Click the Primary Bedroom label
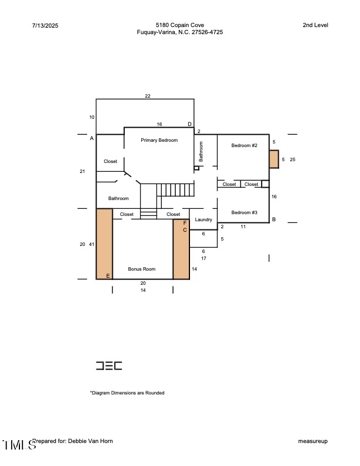[159, 141]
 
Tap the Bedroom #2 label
[244, 145]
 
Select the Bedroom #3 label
[244, 212]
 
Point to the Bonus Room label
[142, 269]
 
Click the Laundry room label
[204, 219]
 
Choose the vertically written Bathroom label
[201, 151]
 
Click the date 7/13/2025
[45, 26]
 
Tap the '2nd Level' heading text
[315, 25]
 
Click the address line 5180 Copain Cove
[179, 25]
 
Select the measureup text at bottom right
[312, 441]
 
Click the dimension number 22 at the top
[148, 95]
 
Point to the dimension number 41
[92, 244]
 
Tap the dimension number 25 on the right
[292, 159]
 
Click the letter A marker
[92, 138]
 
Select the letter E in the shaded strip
[108, 275]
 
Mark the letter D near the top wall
[189, 124]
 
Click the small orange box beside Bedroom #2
[274, 159]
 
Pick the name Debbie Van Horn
[90, 441]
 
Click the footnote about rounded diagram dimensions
[127, 392]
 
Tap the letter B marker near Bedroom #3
[274, 219]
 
